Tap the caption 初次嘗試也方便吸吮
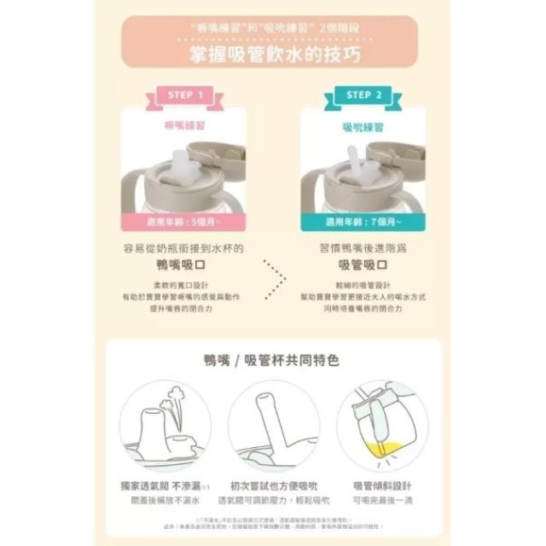272,485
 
